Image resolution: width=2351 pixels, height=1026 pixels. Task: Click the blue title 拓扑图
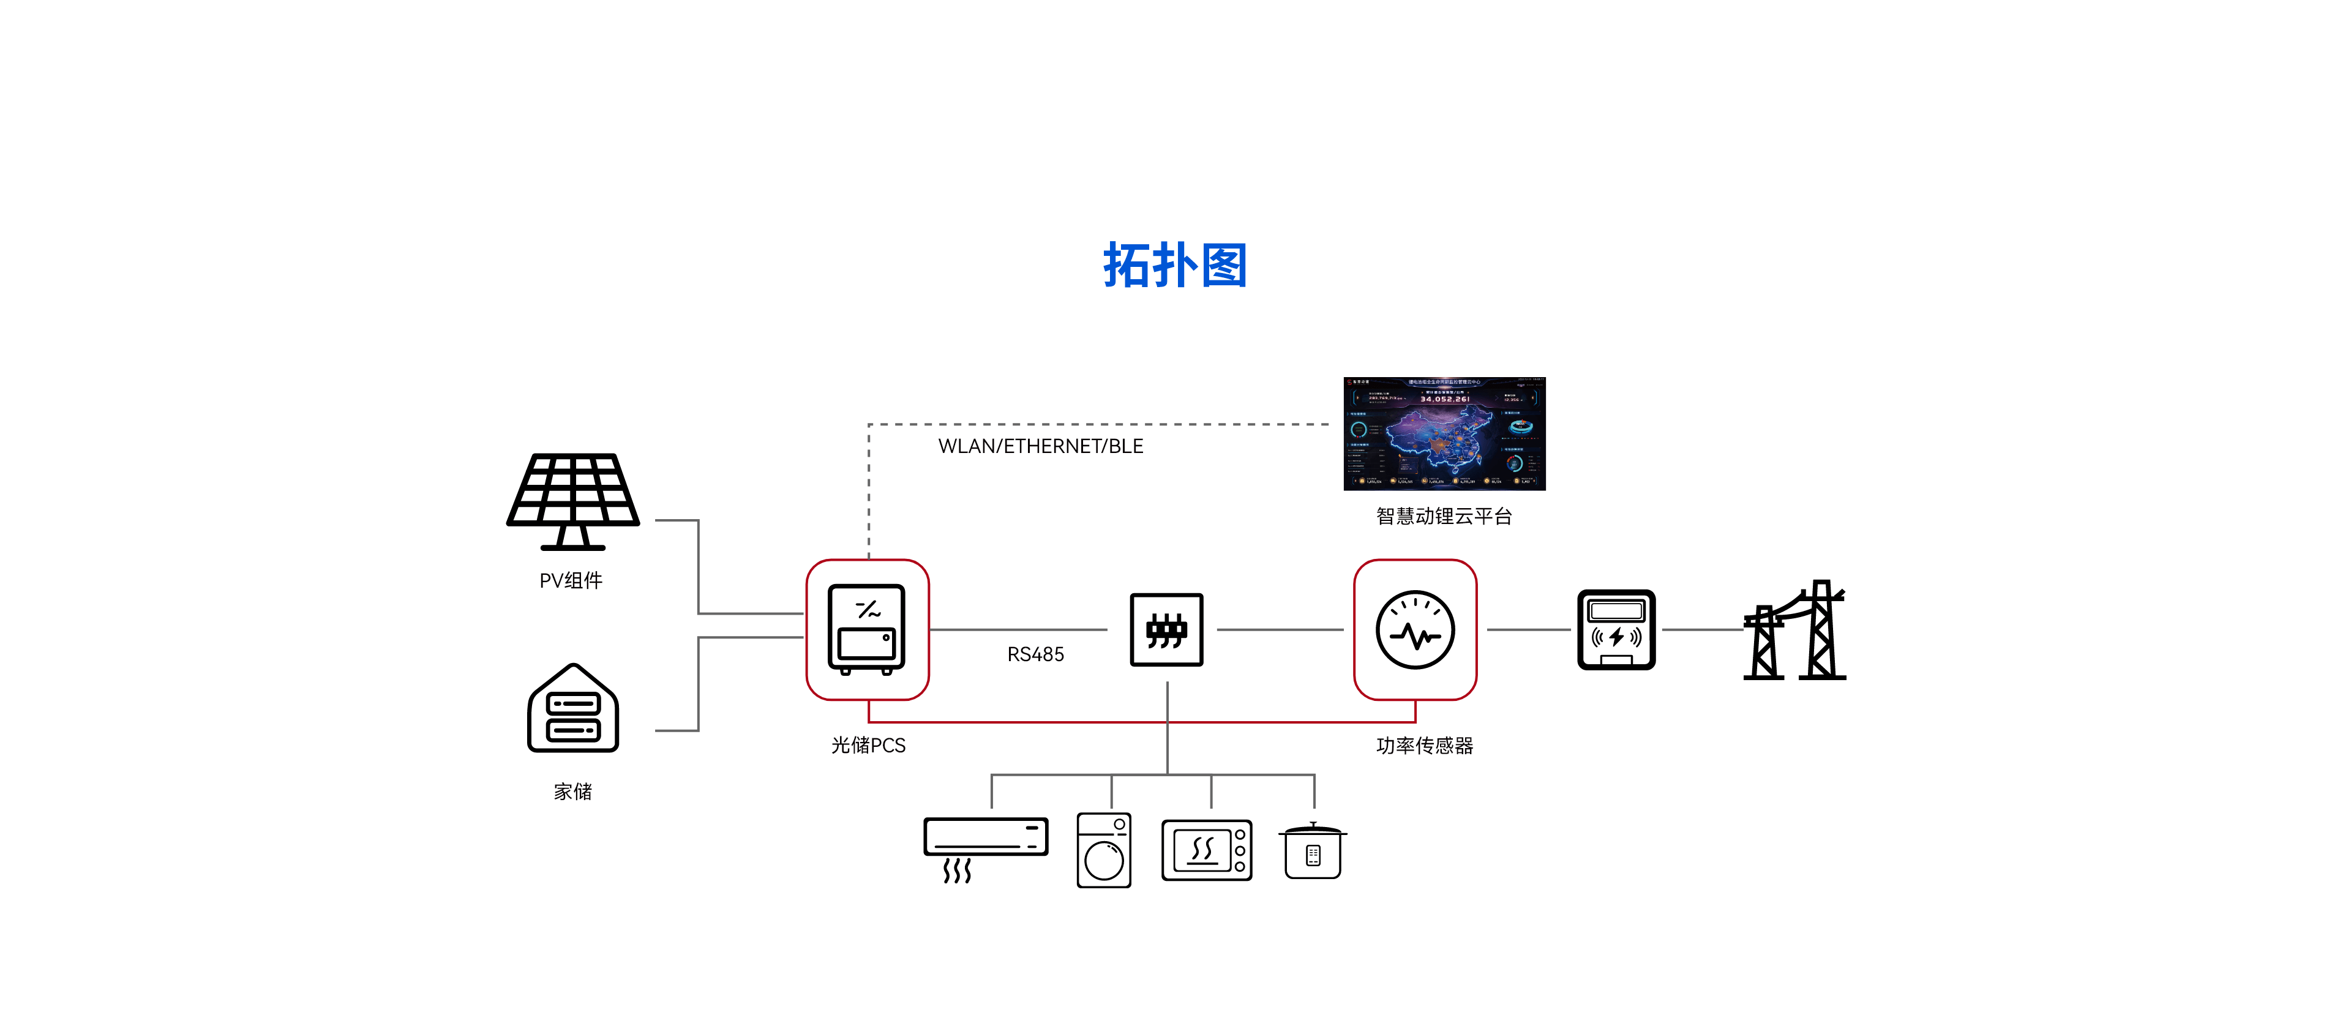(1175, 266)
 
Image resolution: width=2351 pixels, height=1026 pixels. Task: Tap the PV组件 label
(571, 580)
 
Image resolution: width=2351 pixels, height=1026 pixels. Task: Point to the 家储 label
(573, 792)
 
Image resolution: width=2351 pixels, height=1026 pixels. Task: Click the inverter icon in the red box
(867, 629)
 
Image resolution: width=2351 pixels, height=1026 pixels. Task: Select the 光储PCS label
(868, 745)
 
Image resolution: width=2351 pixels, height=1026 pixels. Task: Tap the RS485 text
(1035, 654)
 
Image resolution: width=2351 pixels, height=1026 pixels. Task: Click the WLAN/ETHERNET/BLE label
(1040, 446)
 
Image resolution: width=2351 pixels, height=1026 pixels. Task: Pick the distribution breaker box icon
(1166, 630)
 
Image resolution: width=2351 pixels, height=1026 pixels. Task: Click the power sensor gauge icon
(1415, 630)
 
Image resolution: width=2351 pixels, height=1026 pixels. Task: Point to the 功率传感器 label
(1425, 745)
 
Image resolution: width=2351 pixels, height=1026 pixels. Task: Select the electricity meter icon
(1616, 630)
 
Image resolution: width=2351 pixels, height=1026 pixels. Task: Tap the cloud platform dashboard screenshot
(1444, 433)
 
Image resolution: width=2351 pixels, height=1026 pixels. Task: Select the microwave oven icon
(1207, 850)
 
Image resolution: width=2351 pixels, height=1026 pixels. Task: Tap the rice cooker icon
(1313, 851)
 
